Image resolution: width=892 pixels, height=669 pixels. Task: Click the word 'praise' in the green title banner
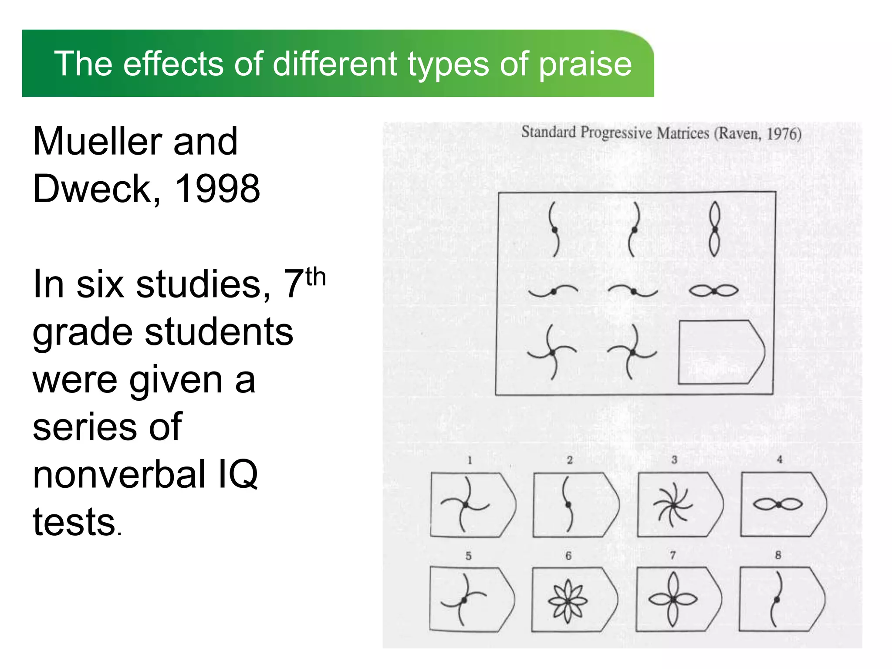click(x=585, y=64)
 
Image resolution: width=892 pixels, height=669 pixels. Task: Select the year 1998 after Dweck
click(x=217, y=189)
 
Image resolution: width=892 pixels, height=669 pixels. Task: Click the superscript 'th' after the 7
click(x=315, y=277)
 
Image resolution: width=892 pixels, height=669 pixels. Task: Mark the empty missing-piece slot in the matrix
click(x=721, y=352)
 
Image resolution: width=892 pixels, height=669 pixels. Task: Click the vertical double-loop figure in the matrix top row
click(x=714, y=229)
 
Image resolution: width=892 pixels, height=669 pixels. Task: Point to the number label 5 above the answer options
click(x=469, y=556)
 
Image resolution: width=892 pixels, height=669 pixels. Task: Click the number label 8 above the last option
click(x=778, y=555)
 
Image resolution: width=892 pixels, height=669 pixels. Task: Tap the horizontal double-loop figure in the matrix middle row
click(x=714, y=291)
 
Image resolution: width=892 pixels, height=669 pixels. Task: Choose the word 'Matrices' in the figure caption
click(x=683, y=132)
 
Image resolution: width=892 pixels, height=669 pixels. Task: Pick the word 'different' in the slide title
click(x=334, y=64)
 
